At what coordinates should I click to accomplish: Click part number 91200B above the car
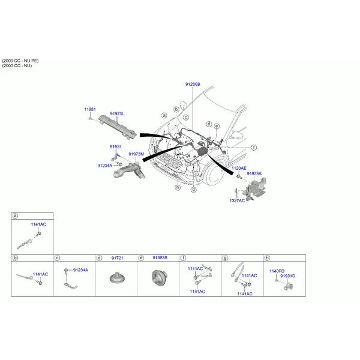[x=193, y=84]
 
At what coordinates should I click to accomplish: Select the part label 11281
[x=90, y=109]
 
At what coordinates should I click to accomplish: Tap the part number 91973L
[x=117, y=113]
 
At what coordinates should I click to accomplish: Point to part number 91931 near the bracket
[x=116, y=146]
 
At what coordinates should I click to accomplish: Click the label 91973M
[x=136, y=154]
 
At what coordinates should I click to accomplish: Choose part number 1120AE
[x=239, y=168]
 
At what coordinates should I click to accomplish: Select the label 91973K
[x=254, y=173]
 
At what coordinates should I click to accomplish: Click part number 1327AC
[x=237, y=200]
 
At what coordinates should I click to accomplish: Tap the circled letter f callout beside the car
[x=254, y=148]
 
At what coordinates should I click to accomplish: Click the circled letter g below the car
[x=194, y=190]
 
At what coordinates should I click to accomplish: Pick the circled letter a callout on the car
[x=164, y=115]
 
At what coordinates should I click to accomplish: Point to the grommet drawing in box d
[x=117, y=278]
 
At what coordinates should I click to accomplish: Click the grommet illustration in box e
[x=160, y=278]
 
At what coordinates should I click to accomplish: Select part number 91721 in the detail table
[x=118, y=258]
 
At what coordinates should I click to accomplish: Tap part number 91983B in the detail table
[x=160, y=258]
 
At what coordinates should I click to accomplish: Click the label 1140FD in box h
[x=277, y=271]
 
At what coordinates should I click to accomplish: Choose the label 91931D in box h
[x=287, y=276]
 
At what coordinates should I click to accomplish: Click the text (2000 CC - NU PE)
[x=20, y=61]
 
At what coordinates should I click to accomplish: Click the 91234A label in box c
[x=80, y=270]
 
